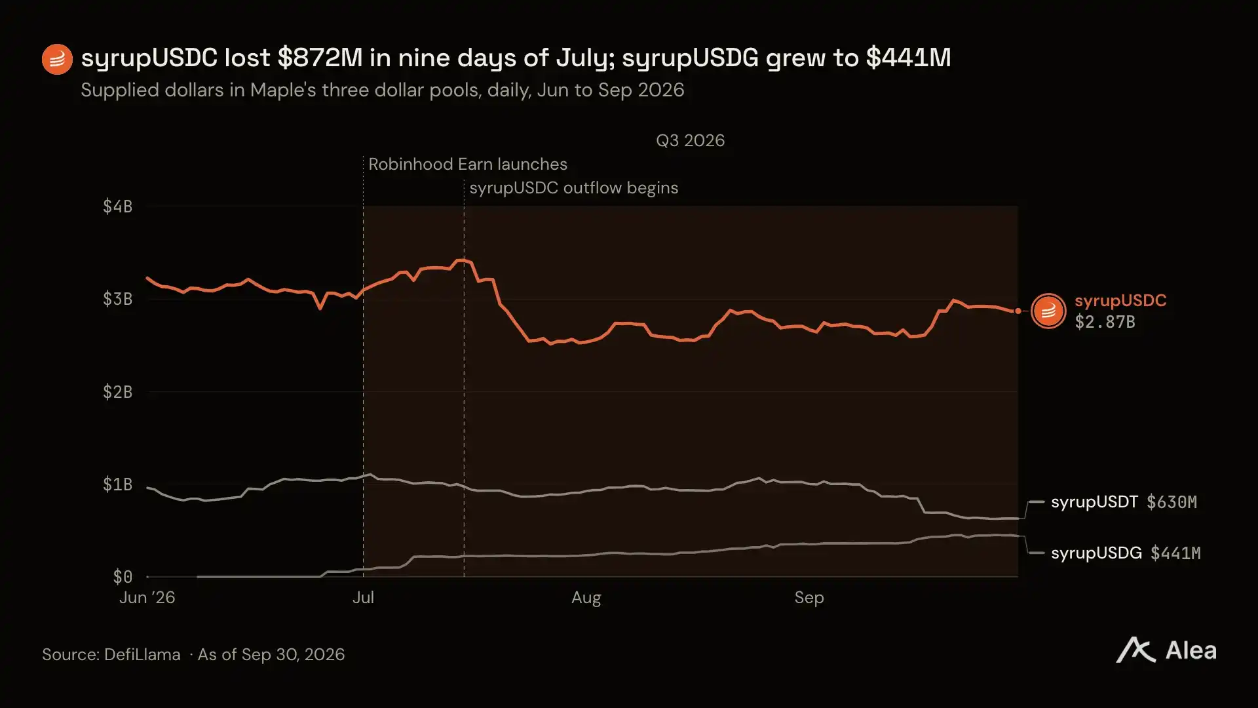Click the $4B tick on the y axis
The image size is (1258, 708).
coord(117,206)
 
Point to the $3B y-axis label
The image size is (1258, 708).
coord(117,299)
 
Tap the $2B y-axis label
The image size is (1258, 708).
coord(117,392)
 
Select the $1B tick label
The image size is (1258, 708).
coord(117,484)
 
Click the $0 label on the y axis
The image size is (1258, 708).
coord(123,577)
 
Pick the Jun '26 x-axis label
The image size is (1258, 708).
coord(147,598)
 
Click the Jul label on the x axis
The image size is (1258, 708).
coord(363,598)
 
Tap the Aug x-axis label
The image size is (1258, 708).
coord(586,598)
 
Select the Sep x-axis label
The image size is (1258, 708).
coord(809,598)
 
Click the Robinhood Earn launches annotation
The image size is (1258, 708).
coord(468,164)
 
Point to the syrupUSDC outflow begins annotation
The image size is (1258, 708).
coord(574,187)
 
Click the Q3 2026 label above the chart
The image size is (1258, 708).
coord(691,140)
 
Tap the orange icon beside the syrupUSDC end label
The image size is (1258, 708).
coord(1048,311)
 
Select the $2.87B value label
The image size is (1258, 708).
coord(1105,322)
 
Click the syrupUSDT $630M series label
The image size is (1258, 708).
coord(1124,502)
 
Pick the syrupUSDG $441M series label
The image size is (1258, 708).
coord(1126,553)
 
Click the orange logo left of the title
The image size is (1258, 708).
coord(57,60)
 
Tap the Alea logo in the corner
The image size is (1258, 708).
coord(1166,650)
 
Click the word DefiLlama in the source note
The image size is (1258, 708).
coord(142,654)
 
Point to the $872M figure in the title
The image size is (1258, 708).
coord(320,58)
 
